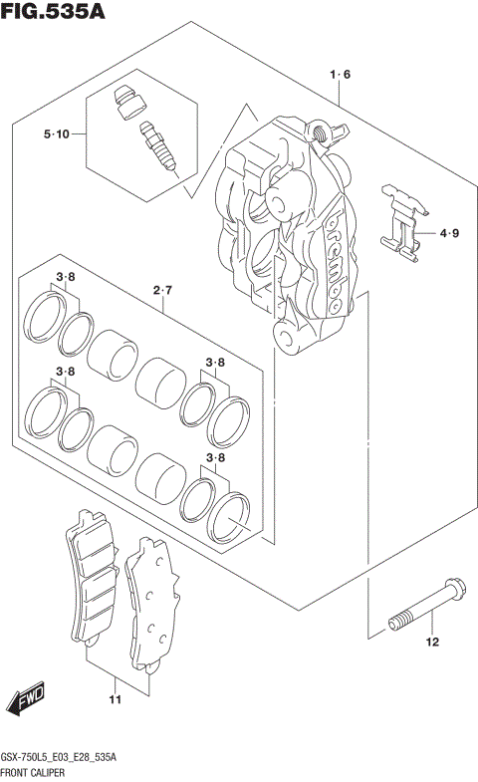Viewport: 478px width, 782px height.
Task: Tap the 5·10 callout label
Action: pyautogui.click(x=56, y=134)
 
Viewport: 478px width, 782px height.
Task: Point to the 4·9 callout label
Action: pyautogui.click(x=450, y=235)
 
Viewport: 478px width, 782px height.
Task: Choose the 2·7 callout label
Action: pyautogui.click(x=163, y=291)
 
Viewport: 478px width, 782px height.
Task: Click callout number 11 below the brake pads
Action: pyautogui.click(x=115, y=702)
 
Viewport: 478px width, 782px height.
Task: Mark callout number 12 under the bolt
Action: pyautogui.click(x=432, y=643)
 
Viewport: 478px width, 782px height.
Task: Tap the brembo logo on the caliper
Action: pyautogui.click(x=335, y=257)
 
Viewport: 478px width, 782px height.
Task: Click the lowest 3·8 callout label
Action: pyautogui.click(x=215, y=458)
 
